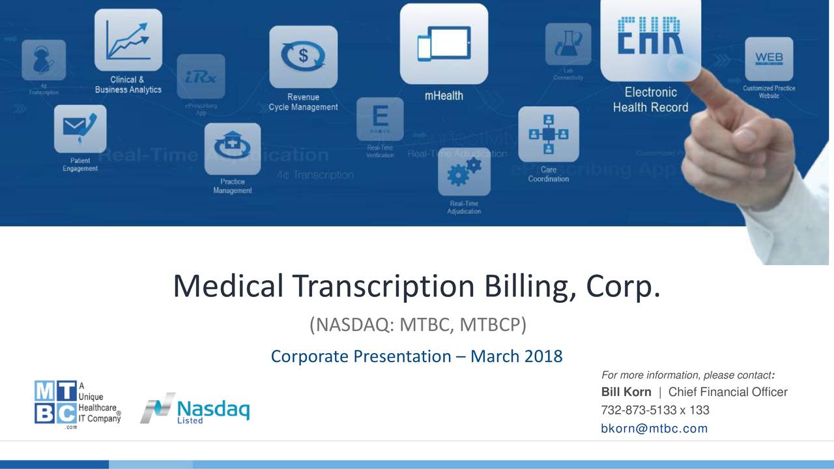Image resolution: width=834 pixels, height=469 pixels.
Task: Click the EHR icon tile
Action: pos(650,36)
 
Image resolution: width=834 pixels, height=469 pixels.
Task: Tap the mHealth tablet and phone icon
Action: pos(444,43)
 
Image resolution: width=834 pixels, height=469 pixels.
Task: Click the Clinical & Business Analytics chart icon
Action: pos(128,40)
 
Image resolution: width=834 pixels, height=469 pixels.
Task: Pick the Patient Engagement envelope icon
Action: pos(80,129)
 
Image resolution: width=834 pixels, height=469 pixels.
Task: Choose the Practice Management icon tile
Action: pos(233,149)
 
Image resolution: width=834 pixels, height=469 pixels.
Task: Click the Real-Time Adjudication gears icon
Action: pos(464,171)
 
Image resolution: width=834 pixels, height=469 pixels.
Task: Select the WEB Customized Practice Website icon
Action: pos(769,60)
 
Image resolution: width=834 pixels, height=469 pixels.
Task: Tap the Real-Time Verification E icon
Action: pos(380,119)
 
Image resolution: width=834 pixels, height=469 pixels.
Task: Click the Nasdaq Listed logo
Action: pos(194,409)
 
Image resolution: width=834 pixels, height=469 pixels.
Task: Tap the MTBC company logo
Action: pos(78,404)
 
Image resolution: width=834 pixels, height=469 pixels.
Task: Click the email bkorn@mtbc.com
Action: pos(654,429)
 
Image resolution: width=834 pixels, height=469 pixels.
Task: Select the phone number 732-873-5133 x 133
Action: pos(655,410)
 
